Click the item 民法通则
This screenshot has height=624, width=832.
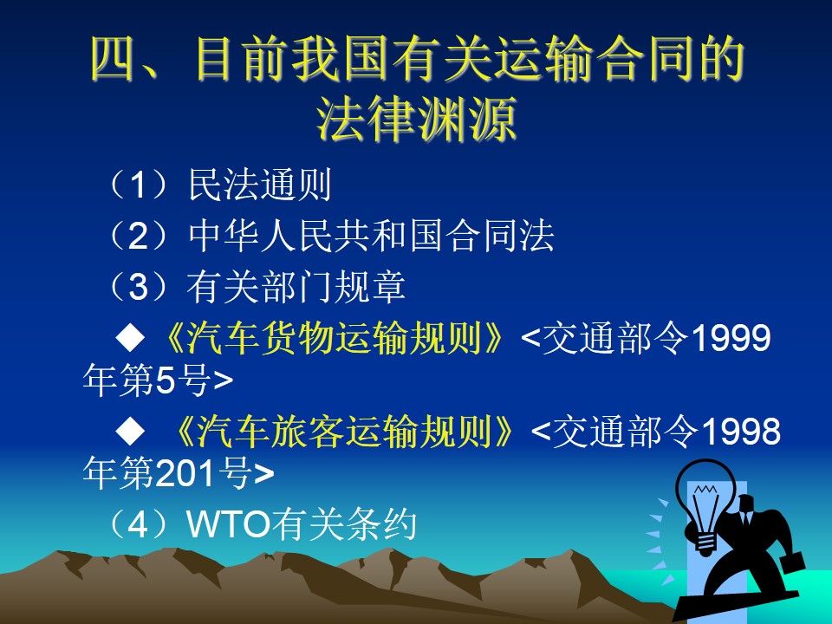pos(260,185)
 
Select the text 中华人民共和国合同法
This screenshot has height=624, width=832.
pos(372,236)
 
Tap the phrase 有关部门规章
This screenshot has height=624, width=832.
pos(296,287)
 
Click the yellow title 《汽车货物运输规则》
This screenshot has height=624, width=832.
pos(333,338)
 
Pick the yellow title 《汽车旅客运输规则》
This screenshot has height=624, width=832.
pos(343,431)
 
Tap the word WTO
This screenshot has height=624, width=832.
pos(229,524)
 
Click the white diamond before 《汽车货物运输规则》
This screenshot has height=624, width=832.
pos(130,338)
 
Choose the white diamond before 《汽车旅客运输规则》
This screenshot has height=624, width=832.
pos(130,431)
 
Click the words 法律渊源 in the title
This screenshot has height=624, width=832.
pos(417,120)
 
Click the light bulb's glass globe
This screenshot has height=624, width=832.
pos(705,496)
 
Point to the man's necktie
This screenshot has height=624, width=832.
pos(746,518)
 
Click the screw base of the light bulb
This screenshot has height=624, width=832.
pos(706,544)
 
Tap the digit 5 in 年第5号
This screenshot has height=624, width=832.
pos(165,380)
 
